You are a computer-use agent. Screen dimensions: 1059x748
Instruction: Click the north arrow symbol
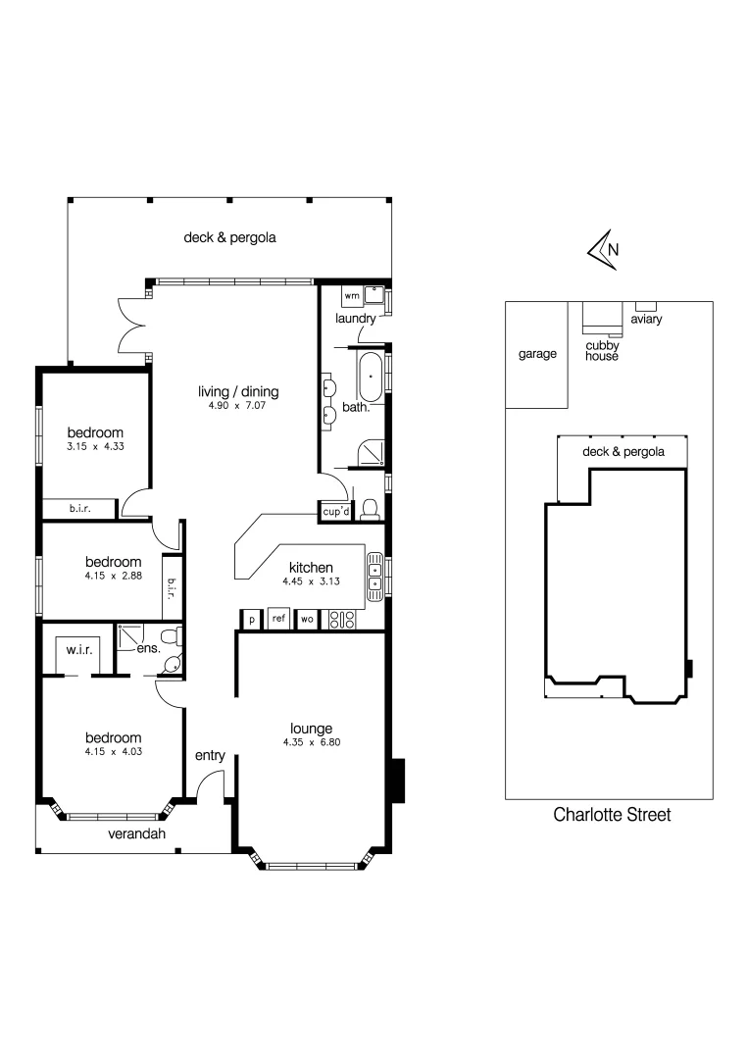[601, 250]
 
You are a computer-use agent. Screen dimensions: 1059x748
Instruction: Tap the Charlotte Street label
[613, 815]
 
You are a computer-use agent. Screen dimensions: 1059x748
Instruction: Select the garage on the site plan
[536, 354]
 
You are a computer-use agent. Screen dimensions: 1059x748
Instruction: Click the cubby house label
[602, 350]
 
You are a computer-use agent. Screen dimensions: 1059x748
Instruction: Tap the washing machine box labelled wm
[351, 295]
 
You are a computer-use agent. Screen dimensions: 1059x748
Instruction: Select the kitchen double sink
[374, 576]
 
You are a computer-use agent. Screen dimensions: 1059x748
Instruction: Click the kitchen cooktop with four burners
[342, 619]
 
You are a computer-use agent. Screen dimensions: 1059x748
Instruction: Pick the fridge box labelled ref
[278, 619]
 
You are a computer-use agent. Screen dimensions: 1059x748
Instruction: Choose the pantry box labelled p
[251, 620]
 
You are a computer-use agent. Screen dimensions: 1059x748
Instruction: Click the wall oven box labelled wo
[306, 619]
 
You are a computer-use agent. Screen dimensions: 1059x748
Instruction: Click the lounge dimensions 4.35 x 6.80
[311, 742]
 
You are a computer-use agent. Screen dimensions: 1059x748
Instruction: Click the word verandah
[136, 834]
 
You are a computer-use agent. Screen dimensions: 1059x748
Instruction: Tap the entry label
[210, 755]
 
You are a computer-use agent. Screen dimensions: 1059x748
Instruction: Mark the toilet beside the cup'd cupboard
[370, 508]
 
